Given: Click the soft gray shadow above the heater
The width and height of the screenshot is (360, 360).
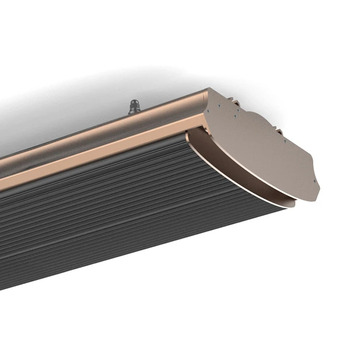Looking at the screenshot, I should (72, 101).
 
